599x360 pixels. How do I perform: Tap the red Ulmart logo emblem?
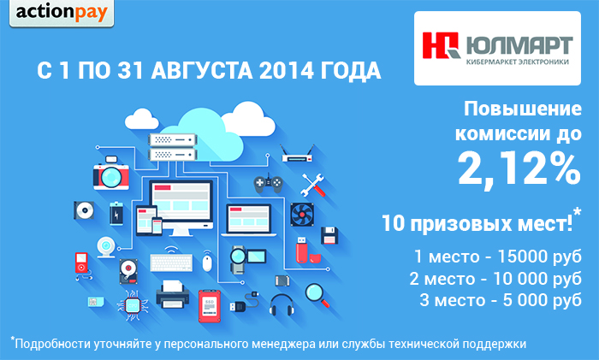tap(441, 45)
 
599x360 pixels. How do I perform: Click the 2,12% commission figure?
tap(519, 169)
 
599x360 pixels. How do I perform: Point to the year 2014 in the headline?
tap(286, 71)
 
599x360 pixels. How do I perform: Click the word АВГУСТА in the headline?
tap(201, 71)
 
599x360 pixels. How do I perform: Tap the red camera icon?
tap(111, 173)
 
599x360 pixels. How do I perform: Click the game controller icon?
tap(269, 183)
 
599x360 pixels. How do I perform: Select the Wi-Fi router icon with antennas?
tap(297, 153)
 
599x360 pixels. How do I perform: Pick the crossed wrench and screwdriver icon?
tap(313, 186)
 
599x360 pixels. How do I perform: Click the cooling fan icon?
tap(302, 214)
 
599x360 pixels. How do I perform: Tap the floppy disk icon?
tap(329, 235)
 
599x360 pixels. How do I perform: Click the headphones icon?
tap(282, 304)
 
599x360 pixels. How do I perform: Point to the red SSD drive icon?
tap(210, 306)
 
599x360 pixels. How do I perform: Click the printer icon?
tap(173, 294)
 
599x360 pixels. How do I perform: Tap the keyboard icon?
tap(171, 263)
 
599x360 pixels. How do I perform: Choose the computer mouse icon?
tap(207, 263)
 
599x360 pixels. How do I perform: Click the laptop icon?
tap(249, 221)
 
